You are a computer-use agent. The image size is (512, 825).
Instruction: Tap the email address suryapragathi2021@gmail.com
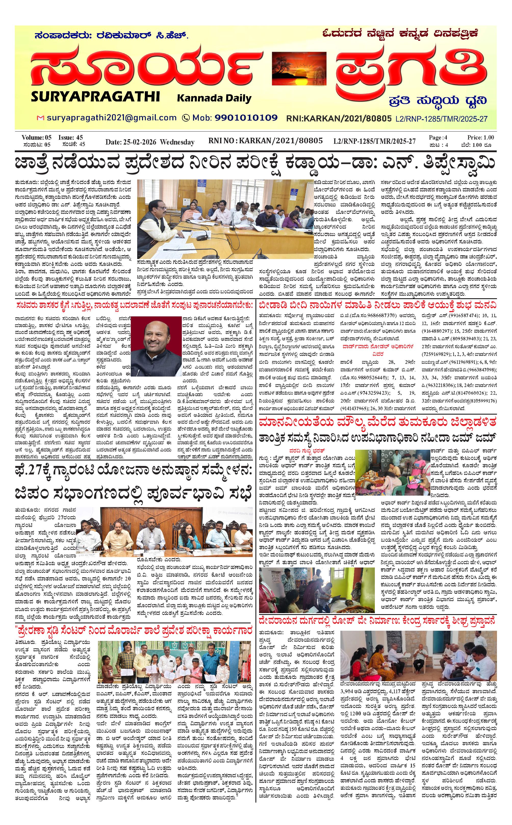click(112, 118)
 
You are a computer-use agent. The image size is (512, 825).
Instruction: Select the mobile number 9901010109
click(246, 118)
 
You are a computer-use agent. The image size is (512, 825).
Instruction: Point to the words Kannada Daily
click(214, 98)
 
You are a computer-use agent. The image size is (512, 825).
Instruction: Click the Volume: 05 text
click(36, 137)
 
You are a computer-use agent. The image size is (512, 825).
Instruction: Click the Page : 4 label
click(438, 137)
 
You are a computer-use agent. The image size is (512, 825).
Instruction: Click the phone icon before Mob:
click(186, 118)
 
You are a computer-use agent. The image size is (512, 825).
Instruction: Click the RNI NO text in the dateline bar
click(222, 141)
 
